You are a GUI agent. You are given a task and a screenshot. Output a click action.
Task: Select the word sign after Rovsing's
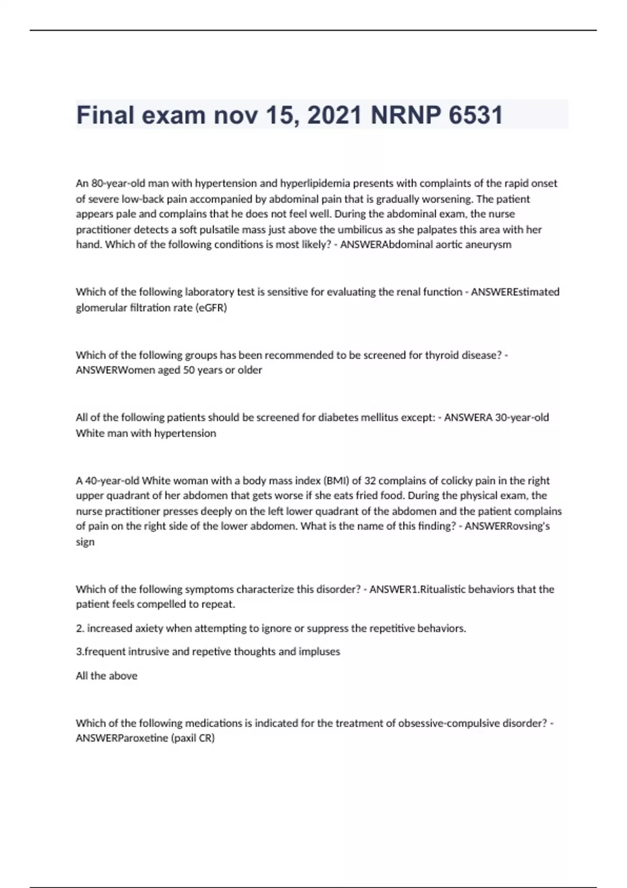85,542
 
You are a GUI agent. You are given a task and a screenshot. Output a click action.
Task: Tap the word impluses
319,652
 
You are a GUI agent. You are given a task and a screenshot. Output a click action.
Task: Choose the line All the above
107,676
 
